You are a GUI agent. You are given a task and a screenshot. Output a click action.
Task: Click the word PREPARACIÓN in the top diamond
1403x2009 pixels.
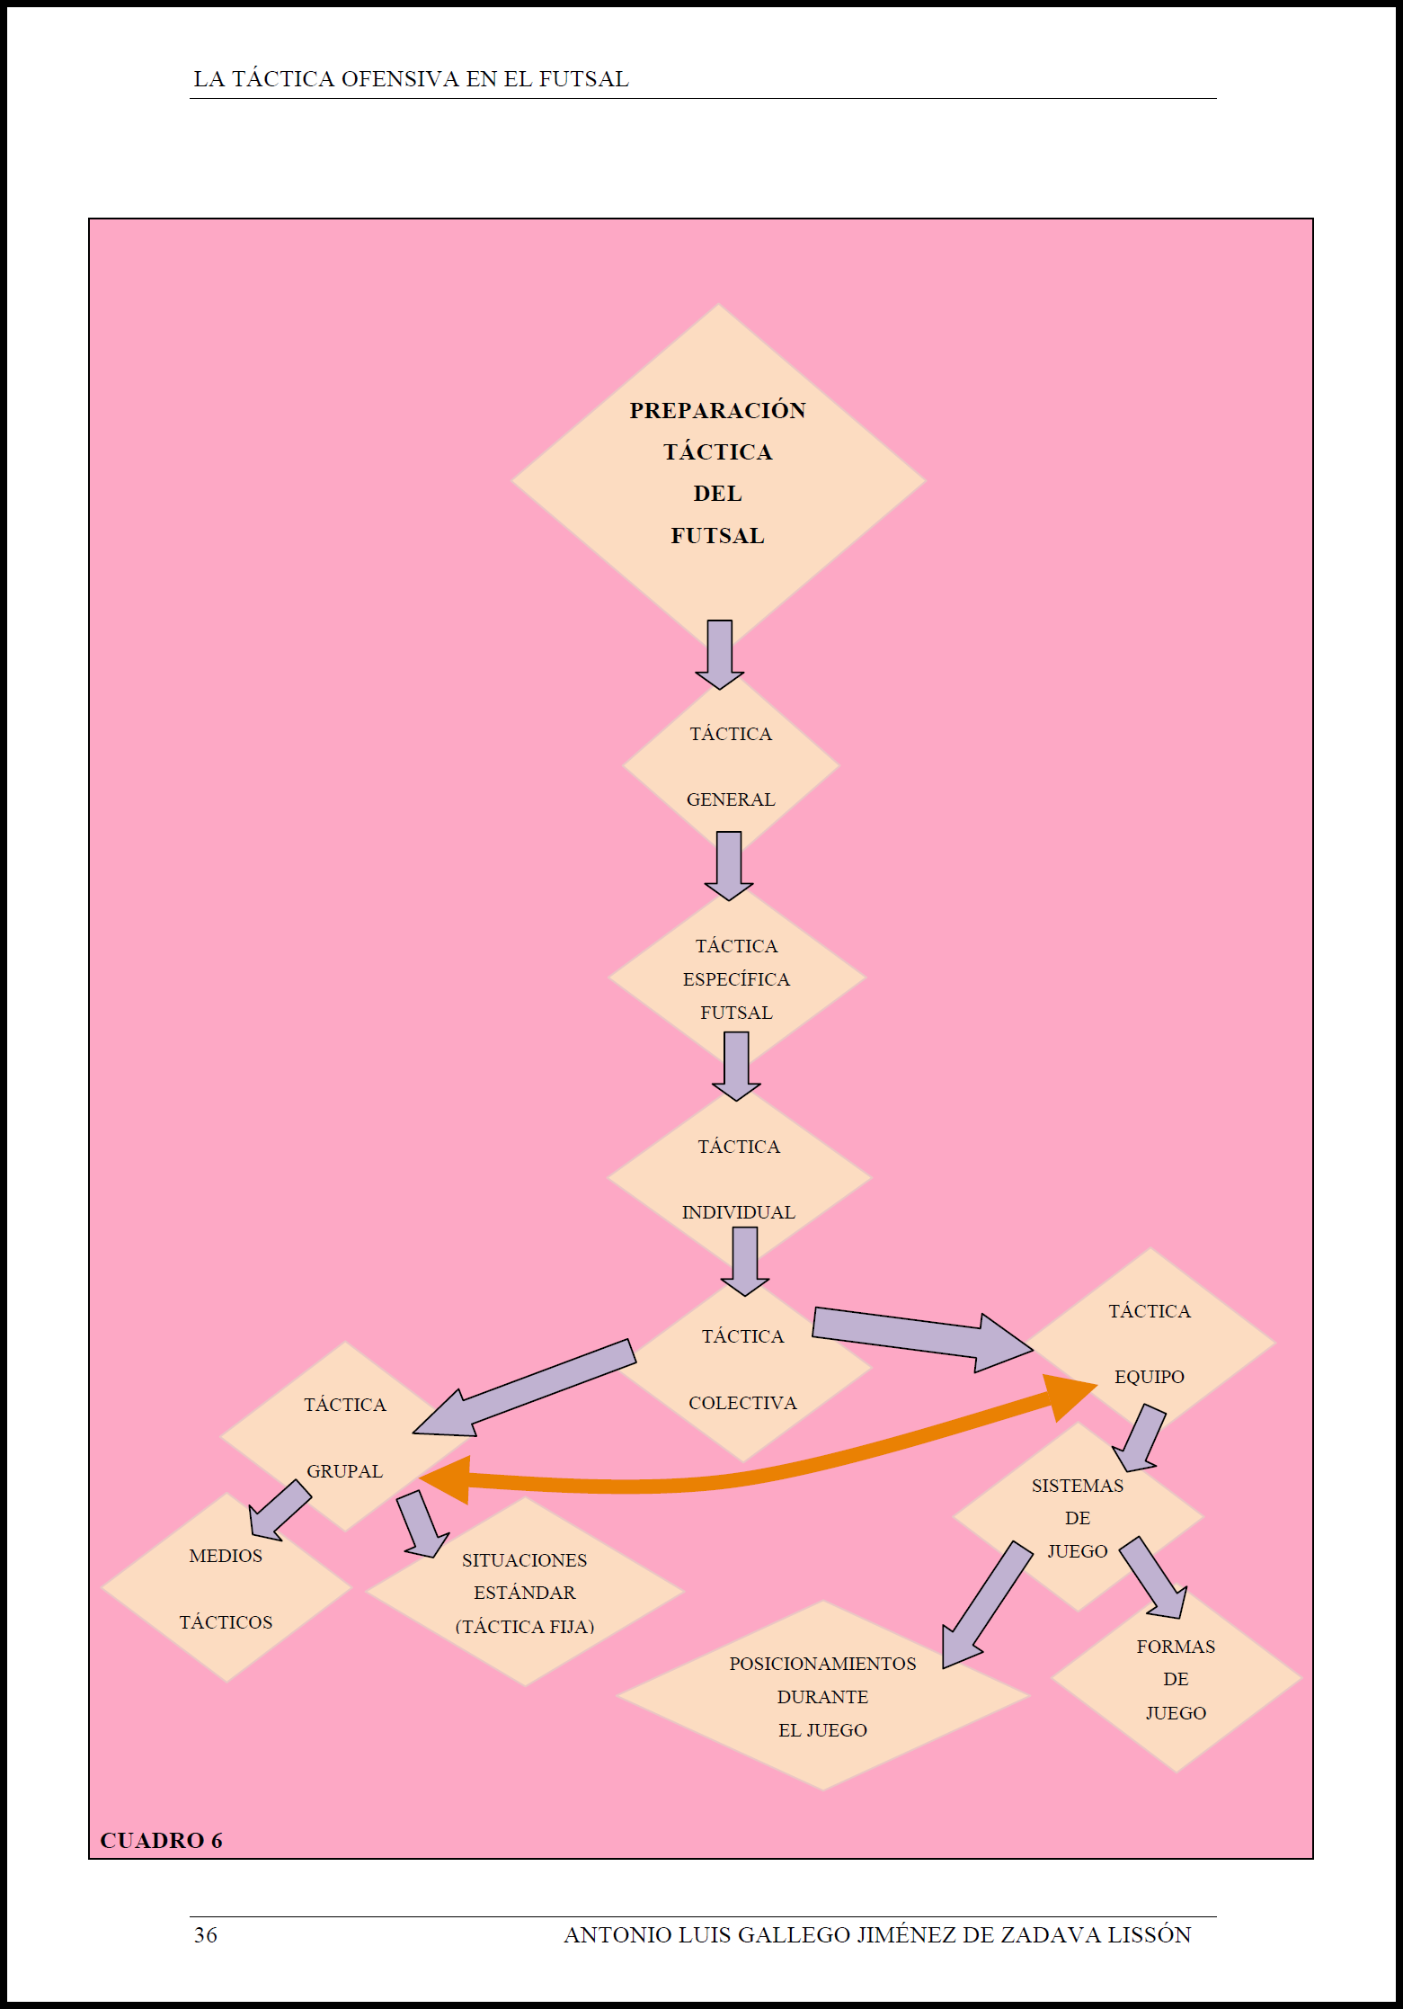(717, 410)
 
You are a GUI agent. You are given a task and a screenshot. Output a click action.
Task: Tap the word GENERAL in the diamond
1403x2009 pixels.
(730, 799)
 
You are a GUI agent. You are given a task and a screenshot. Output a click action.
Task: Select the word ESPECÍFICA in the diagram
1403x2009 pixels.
(736, 979)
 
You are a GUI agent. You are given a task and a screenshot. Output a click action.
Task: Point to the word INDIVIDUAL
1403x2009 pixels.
(738, 1212)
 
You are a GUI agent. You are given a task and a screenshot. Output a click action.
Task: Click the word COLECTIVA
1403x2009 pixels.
(742, 1403)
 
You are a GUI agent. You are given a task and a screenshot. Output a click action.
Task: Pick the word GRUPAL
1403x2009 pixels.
(344, 1471)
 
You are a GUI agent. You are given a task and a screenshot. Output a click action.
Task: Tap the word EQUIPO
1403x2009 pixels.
(1149, 1377)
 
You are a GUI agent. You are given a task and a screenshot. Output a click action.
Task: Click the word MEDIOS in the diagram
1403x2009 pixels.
(226, 1556)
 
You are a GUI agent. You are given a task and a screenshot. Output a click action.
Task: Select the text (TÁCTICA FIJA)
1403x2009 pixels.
(525, 1627)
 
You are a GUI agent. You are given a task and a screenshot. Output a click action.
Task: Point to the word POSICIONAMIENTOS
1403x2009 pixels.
(822, 1664)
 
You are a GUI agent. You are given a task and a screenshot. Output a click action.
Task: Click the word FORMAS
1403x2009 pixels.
(1176, 1647)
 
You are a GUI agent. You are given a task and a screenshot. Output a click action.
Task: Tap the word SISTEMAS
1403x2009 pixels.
(1077, 1486)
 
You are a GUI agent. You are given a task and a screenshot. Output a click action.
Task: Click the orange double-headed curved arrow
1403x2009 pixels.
(719, 1479)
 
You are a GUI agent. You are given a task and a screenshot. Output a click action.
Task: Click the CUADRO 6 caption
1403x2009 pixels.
(161, 1840)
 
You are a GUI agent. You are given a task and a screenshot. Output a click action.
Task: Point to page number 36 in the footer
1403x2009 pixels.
(205, 1935)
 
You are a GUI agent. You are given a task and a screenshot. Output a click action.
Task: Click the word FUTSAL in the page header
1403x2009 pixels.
(583, 79)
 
